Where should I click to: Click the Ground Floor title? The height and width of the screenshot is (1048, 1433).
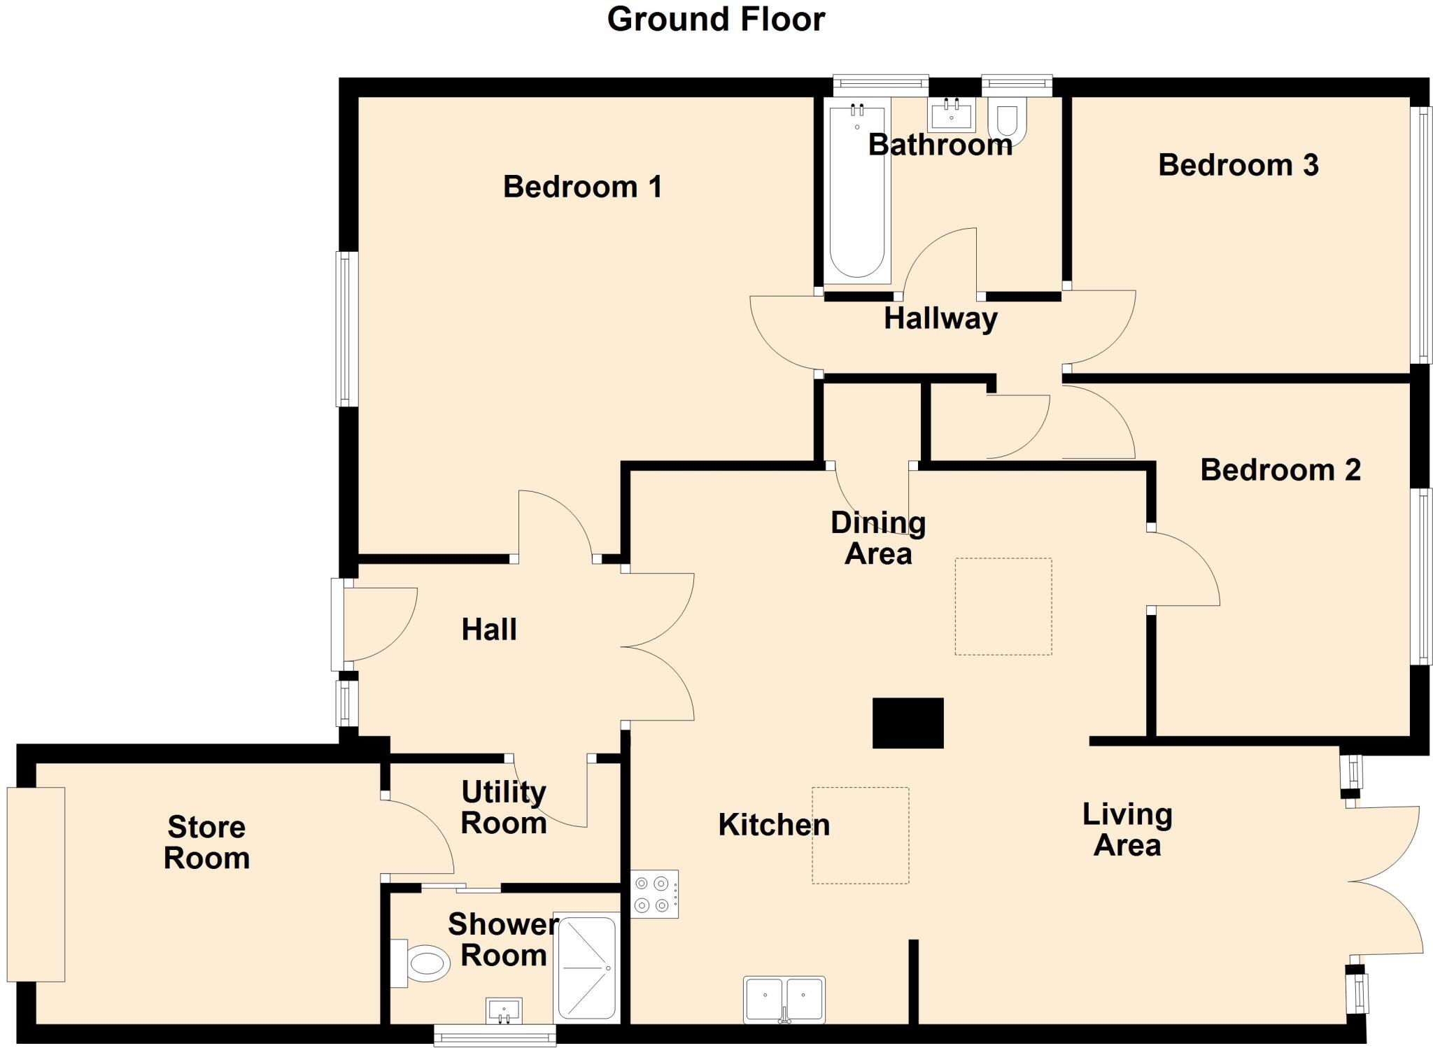click(x=716, y=20)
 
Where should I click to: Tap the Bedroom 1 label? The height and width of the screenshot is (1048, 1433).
click(x=582, y=187)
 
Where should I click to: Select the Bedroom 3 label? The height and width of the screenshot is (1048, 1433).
click(x=1238, y=165)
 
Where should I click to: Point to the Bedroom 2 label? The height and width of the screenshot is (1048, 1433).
click(x=1280, y=469)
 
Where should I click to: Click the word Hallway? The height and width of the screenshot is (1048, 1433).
click(x=940, y=318)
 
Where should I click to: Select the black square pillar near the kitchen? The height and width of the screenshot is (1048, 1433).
click(x=908, y=723)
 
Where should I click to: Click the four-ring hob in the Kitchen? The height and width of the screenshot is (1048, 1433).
click(x=654, y=894)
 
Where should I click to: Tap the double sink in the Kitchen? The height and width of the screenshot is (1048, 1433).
click(x=784, y=1000)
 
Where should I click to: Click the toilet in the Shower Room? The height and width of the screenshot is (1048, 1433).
click(x=421, y=963)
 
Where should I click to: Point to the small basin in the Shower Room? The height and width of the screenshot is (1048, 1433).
click(x=504, y=1010)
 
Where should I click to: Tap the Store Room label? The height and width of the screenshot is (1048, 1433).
click(x=206, y=842)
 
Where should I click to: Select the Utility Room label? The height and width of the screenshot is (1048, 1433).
click(x=503, y=807)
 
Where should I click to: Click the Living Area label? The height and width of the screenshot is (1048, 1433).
click(x=1127, y=829)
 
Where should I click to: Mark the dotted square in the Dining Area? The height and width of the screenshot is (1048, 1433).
click(x=1003, y=606)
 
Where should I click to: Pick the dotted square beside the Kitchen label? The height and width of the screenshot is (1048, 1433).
click(x=860, y=835)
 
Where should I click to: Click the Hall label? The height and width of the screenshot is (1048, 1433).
click(x=489, y=630)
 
